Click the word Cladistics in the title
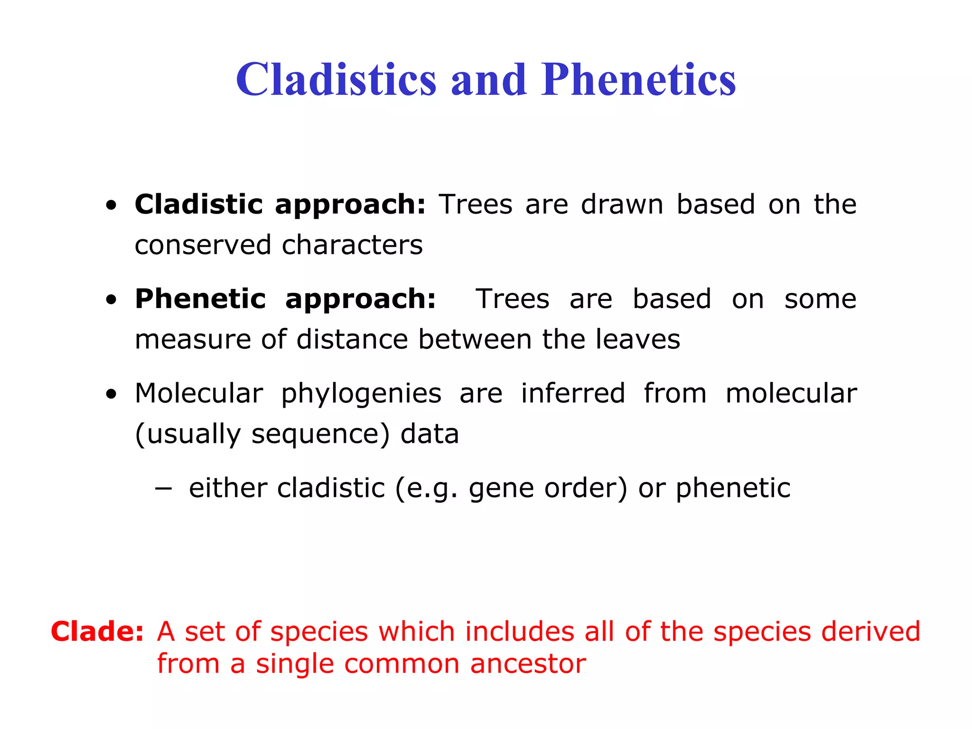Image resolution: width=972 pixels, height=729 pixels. point(336,79)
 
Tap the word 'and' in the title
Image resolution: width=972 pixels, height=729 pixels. point(488,79)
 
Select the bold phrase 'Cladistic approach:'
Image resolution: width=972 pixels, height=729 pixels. point(280,205)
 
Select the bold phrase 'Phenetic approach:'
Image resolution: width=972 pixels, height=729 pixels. point(285,299)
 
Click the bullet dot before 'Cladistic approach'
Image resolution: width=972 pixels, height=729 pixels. point(111,206)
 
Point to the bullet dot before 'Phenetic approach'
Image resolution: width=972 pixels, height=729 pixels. point(111,300)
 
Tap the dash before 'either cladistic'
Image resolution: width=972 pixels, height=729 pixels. point(163,488)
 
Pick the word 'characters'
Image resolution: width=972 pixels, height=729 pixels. point(352,245)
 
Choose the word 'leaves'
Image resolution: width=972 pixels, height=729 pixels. point(637,340)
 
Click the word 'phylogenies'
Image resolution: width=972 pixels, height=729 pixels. point(361,394)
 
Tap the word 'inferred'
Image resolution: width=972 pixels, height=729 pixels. point(573,394)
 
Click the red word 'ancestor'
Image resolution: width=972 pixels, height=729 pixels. point(528,664)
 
